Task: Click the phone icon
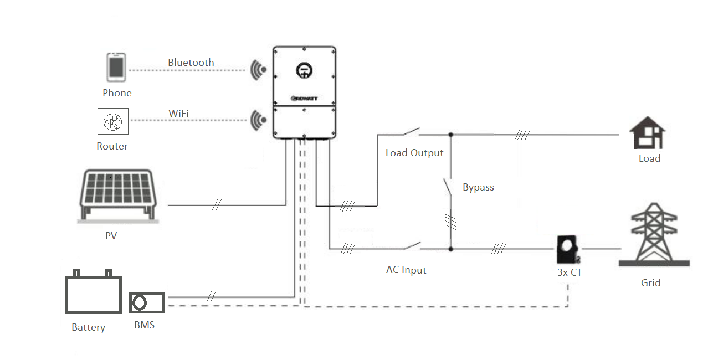(x=116, y=68)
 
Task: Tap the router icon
(x=113, y=121)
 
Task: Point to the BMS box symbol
(x=147, y=303)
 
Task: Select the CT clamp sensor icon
(x=568, y=249)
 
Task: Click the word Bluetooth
(x=191, y=63)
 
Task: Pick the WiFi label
(x=178, y=114)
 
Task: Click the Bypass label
(x=478, y=187)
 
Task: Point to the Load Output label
(x=414, y=153)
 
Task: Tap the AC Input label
(x=406, y=270)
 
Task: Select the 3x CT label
(x=570, y=272)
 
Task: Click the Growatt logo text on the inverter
(x=304, y=99)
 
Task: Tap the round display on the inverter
(x=304, y=70)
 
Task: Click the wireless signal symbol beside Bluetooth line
(x=258, y=70)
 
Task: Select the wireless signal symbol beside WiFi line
(x=258, y=120)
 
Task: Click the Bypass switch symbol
(x=448, y=188)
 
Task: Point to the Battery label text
(x=88, y=327)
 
